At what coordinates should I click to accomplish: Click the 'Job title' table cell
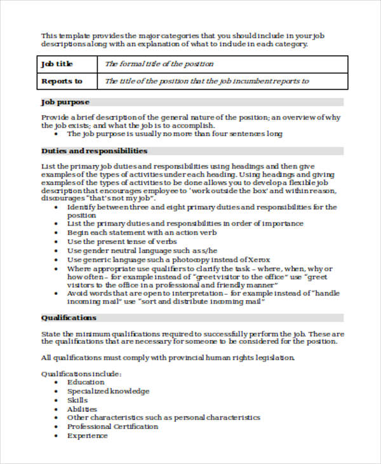(x=57, y=64)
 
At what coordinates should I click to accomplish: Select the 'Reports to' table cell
(x=62, y=81)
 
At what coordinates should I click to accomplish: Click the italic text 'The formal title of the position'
(x=159, y=64)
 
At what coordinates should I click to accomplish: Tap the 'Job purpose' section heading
(x=65, y=102)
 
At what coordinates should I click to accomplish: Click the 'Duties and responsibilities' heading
(x=94, y=151)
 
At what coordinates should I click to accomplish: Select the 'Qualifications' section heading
(x=69, y=318)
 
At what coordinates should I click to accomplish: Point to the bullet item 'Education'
(x=86, y=382)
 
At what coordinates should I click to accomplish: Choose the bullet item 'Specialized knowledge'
(x=108, y=391)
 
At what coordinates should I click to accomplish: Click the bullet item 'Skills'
(x=77, y=400)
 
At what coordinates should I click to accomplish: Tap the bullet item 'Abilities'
(x=82, y=409)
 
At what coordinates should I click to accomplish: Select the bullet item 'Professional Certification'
(x=112, y=426)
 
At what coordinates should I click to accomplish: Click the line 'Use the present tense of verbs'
(x=123, y=242)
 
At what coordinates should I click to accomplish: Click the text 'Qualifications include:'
(x=81, y=373)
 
